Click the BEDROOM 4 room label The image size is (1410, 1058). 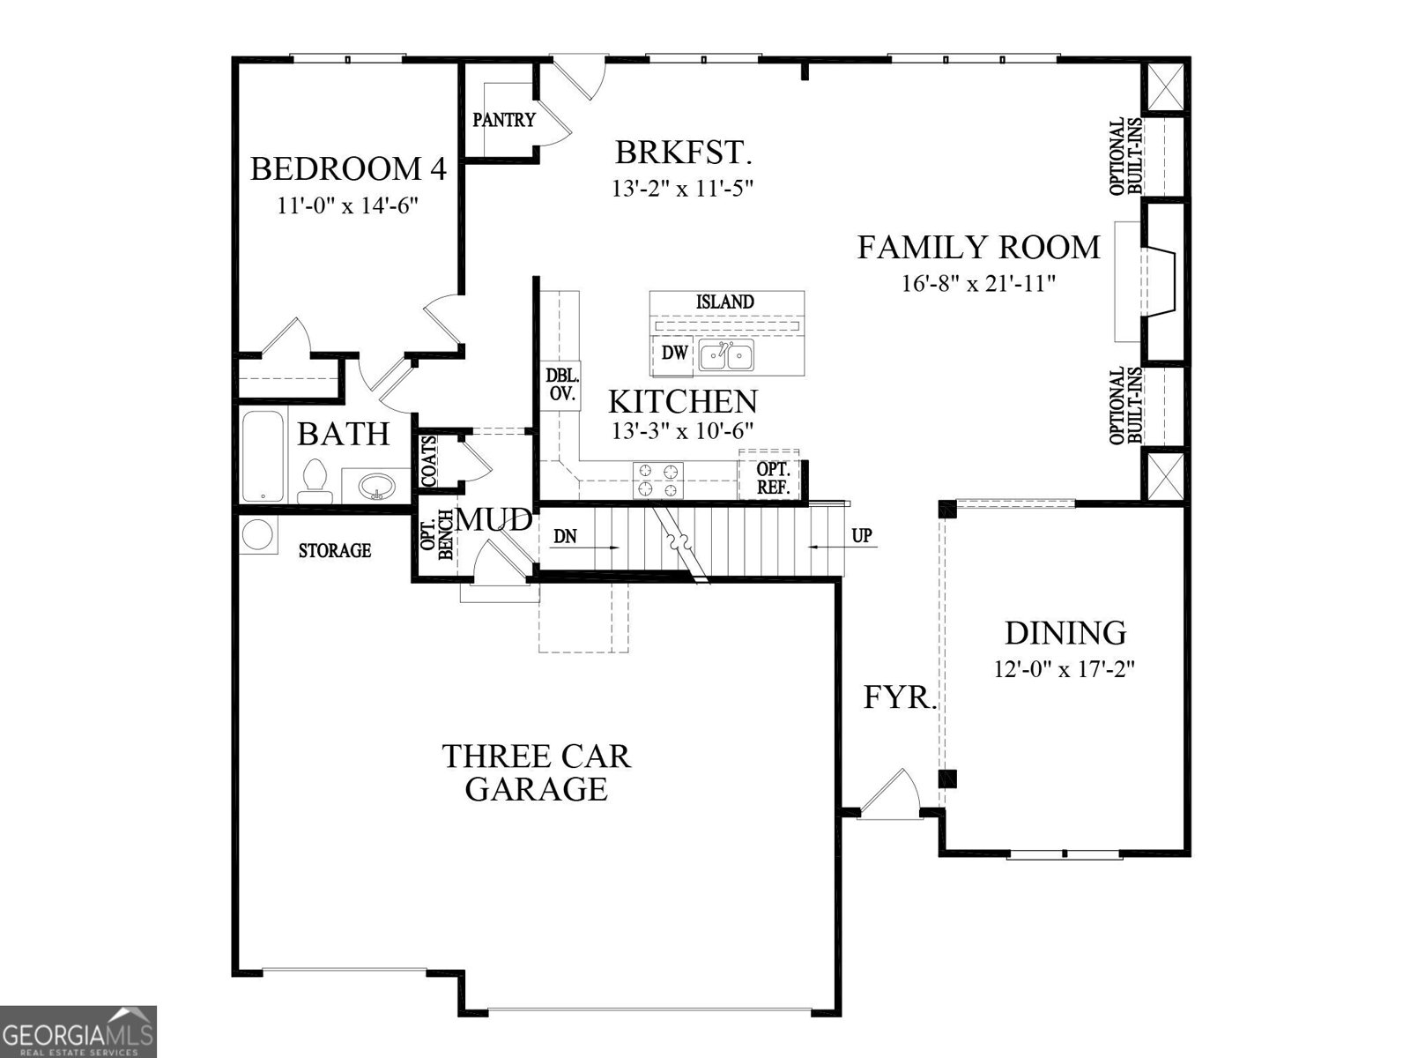pyautogui.click(x=348, y=168)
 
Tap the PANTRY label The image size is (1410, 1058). pyautogui.click(x=503, y=120)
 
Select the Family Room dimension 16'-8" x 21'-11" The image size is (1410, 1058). pyautogui.click(x=978, y=283)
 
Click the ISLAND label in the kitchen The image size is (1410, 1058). pyautogui.click(x=725, y=302)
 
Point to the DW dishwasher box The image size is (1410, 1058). pyautogui.click(x=674, y=354)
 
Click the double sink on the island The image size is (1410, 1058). pyautogui.click(x=726, y=356)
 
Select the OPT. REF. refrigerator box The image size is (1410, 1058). pyautogui.click(x=773, y=478)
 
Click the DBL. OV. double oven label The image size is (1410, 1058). pyautogui.click(x=561, y=385)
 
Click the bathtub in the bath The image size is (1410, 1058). pyautogui.click(x=263, y=456)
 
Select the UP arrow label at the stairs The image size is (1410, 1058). pyautogui.click(x=861, y=536)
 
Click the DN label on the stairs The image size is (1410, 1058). pyautogui.click(x=565, y=536)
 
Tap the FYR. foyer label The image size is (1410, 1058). pyautogui.click(x=898, y=697)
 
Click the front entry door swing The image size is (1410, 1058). pyautogui.click(x=892, y=793)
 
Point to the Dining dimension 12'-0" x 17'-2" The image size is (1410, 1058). pyautogui.click(x=1064, y=669)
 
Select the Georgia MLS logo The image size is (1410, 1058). pyautogui.click(x=78, y=1031)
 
